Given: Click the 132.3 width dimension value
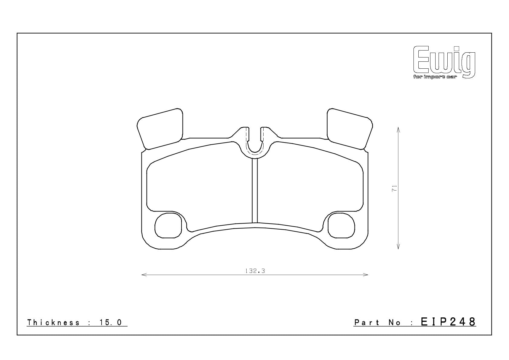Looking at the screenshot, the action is pos(255,271).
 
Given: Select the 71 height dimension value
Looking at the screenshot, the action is pos(394,188).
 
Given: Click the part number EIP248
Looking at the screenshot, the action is pos(448,322).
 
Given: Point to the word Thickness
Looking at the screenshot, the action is pos(53,322).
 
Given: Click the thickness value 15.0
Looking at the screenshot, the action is pos(111,322).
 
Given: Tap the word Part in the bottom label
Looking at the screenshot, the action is pos(367,322).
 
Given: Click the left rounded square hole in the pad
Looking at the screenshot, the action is pos(168,226).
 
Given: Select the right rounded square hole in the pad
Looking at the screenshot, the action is pos(341,226).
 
